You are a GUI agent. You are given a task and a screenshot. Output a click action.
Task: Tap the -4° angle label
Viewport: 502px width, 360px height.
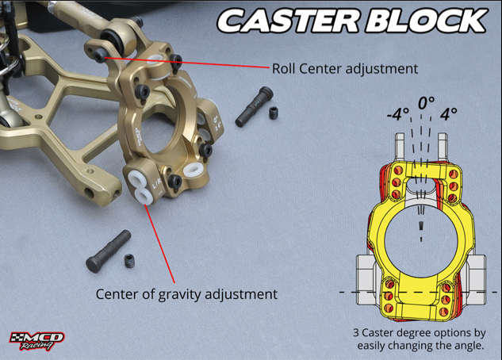click(397, 113)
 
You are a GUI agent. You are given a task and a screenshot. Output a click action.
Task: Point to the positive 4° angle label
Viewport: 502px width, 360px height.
click(449, 113)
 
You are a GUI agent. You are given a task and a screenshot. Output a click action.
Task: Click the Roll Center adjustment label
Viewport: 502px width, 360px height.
click(345, 68)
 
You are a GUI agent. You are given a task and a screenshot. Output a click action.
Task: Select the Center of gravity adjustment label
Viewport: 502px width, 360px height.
click(186, 294)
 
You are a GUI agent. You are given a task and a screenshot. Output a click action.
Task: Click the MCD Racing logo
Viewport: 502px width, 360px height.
click(36, 341)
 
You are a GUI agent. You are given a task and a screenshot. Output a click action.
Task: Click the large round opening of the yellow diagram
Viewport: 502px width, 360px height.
click(420, 238)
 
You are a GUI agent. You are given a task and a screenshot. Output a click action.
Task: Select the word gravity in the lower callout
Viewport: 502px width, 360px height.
click(174, 294)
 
